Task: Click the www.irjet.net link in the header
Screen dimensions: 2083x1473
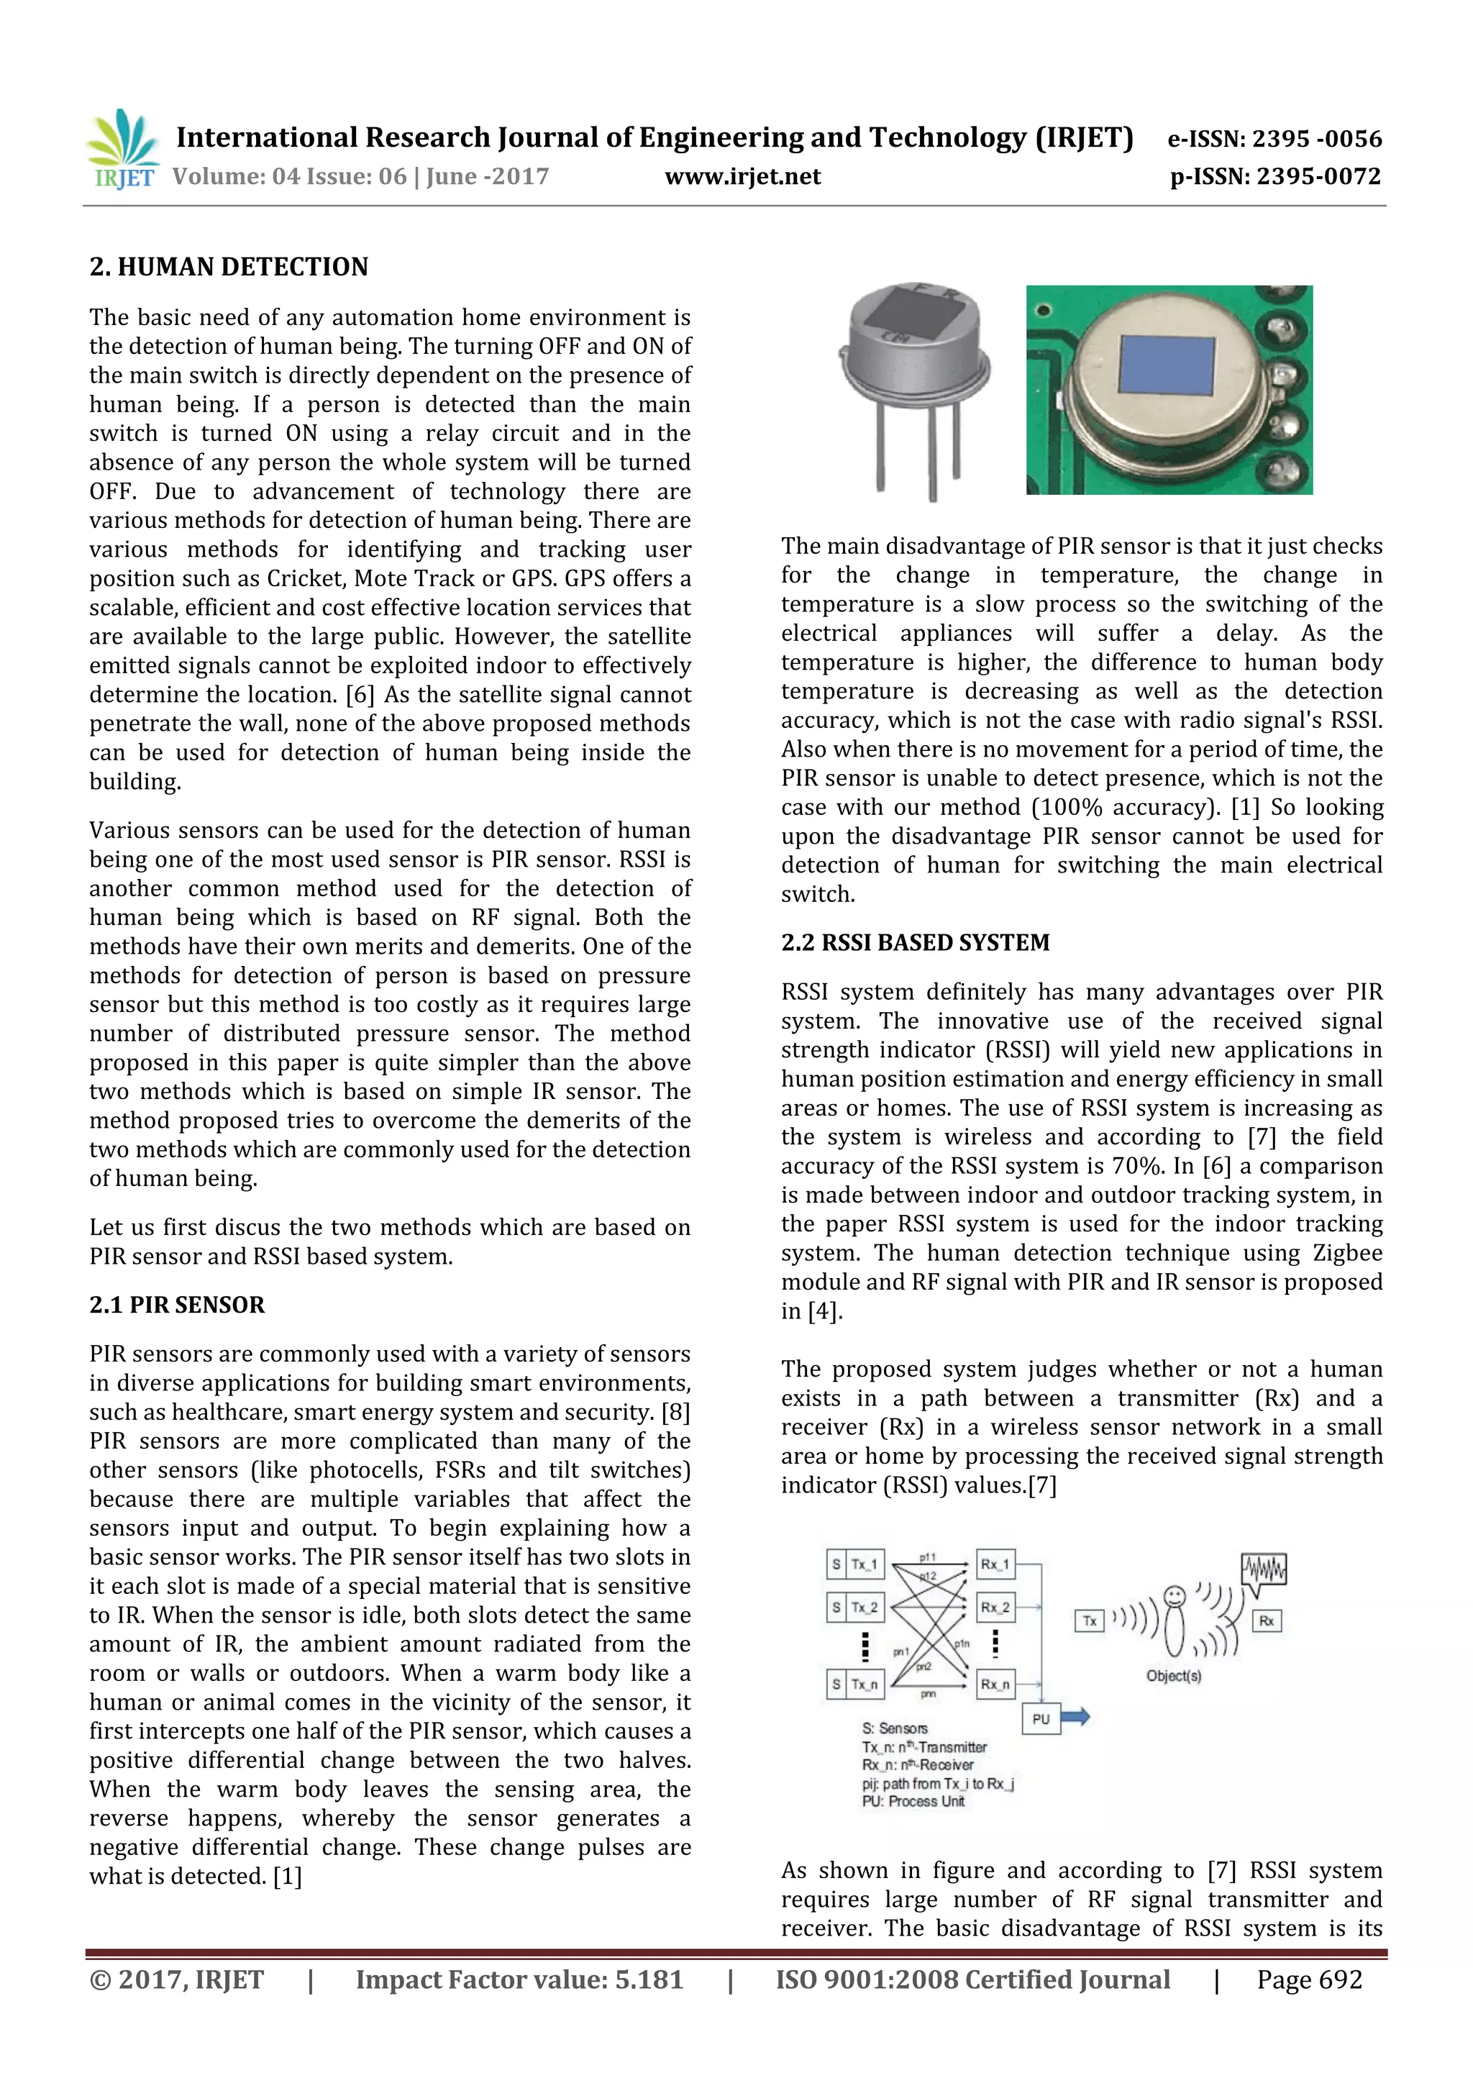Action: click(742, 177)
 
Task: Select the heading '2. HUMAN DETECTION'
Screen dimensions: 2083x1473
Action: click(229, 267)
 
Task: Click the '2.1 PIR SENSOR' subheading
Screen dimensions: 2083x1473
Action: click(177, 1305)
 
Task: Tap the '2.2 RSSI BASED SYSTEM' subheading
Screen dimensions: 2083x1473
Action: click(915, 943)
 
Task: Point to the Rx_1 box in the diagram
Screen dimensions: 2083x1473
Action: click(995, 1564)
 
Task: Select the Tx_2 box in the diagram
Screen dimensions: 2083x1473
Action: click(865, 1608)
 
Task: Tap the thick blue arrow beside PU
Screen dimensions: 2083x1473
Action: click(1076, 1716)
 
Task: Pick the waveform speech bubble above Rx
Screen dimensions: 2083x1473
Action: click(1264, 1572)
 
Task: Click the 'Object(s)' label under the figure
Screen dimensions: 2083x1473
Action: click(1173, 1676)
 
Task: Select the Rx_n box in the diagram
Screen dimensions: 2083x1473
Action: click(995, 1685)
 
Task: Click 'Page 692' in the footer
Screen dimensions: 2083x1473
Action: click(1309, 1979)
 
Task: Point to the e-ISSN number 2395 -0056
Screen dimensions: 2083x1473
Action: click(1317, 139)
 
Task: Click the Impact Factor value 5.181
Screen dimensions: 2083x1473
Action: click(649, 1979)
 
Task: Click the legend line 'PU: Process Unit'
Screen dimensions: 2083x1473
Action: click(913, 1801)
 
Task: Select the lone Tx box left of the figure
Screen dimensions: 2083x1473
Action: click(1090, 1621)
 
